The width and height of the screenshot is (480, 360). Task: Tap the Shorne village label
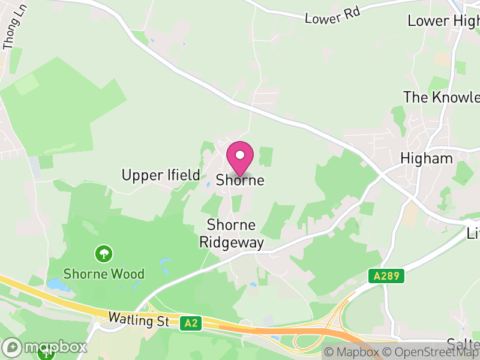tap(240, 179)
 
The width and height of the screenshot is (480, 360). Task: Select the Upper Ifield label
tap(161, 175)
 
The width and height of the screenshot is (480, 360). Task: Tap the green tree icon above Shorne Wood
tap(104, 253)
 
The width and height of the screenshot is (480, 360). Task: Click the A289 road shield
tap(386, 276)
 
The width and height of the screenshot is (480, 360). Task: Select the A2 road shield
tap(190, 323)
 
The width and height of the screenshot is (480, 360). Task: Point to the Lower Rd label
tap(332, 16)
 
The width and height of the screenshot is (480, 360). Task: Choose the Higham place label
tap(427, 158)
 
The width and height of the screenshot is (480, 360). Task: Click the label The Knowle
tap(442, 97)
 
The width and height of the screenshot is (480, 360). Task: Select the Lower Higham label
tap(444, 20)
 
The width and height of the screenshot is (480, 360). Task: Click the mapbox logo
tap(45, 347)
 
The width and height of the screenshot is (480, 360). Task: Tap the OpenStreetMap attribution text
tap(431, 352)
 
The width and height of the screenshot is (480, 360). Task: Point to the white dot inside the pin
tap(240, 155)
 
